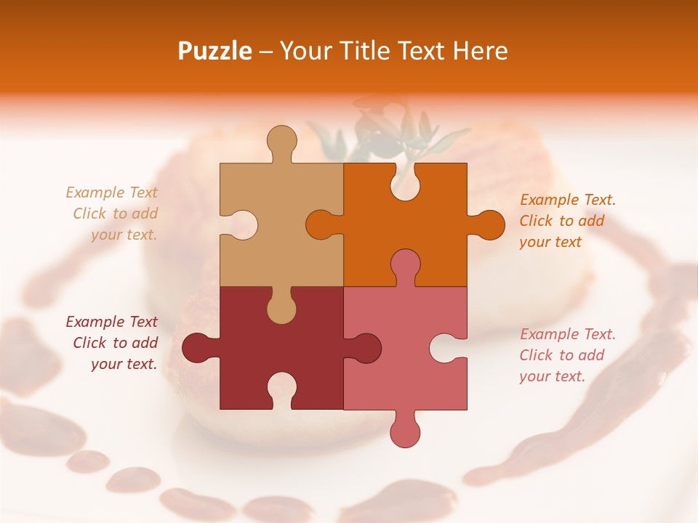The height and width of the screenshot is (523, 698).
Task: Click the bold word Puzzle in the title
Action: pyautogui.click(x=215, y=51)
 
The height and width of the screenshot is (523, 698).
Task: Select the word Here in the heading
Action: pyautogui.click(x=481, y=51)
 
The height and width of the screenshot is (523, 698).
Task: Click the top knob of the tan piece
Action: pyautogui.click(x=282, y=142)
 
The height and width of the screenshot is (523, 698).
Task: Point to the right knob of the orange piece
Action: pyautogui.click(x=487, y=224)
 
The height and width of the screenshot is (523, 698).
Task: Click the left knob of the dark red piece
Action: pyautogui.click(x=198, y=347)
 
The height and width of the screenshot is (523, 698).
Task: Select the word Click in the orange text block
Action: pyautogui.click(x=536, y=221)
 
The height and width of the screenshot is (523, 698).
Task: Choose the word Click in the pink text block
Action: pyautogui.click(x=536, y=355)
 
